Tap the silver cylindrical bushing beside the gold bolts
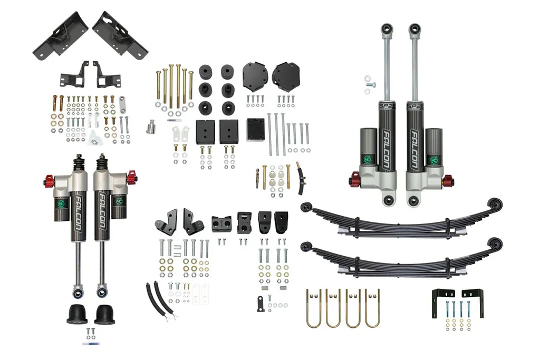(151, 127)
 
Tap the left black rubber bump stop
(77, 314)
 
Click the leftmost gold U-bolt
(314, 308)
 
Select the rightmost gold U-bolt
(372, 308)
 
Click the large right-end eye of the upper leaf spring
(494, 204)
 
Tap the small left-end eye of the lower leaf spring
(305, 245)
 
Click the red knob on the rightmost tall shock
(449, 181)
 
